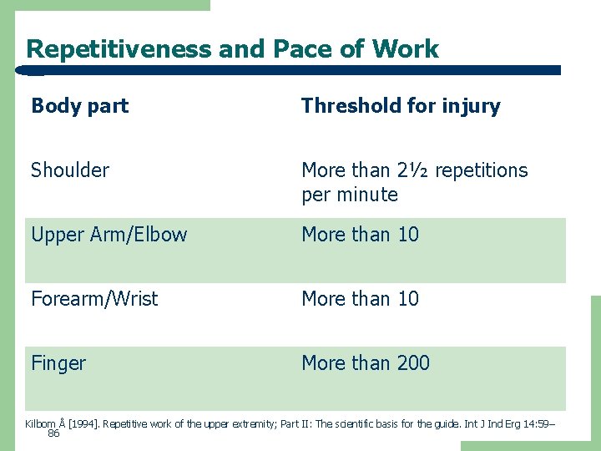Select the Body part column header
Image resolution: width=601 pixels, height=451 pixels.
[x=80, y=106]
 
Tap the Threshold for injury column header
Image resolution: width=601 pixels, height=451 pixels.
[x=401, y=106]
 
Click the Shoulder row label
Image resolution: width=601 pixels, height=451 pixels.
[x=70, y=170]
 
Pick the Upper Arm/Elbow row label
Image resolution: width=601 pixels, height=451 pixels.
[x=109, y=235]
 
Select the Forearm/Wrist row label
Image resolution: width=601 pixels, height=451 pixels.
[x=94, y=299]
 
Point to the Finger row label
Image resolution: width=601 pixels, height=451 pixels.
[x=58, y=363]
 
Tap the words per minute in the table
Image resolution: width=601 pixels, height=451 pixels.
[x=350, y=195]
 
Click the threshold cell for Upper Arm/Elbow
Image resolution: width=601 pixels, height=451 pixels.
[x=360, y=235]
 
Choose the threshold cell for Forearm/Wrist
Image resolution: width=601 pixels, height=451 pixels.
[x=360, y=299]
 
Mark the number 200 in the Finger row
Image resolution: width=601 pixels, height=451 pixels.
[x=413, y=363]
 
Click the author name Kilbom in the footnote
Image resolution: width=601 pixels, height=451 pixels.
[x=40, y=424]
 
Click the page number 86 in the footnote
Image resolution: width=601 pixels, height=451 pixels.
[x=54, y=434]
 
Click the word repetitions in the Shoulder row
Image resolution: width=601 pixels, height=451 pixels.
[x=482, y=170]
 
